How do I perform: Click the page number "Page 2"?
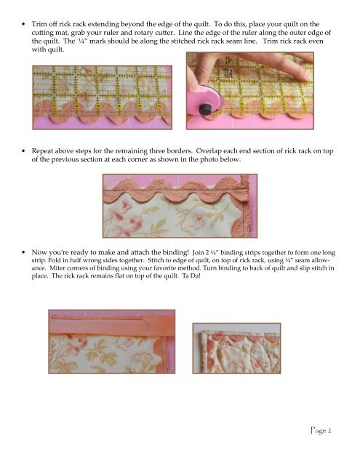[321, 430]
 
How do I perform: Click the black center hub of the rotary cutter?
[204, 109]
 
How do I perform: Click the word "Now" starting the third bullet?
[38, 252]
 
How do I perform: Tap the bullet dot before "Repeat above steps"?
[23, 151]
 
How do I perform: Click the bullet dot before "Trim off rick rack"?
[23, 24]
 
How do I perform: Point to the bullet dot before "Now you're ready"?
[23, 252]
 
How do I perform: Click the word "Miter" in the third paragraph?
[56, 268]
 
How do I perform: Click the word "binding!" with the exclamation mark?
[176, 252]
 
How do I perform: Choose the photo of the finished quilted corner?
[236, 348]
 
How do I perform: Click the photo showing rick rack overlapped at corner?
[180, 206]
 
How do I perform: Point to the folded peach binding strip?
[112, 325]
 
